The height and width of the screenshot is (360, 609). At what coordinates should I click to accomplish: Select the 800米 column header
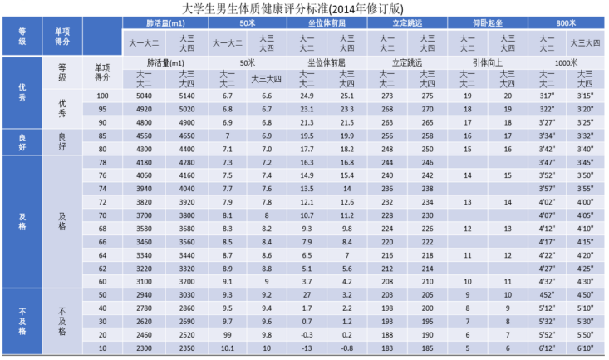[567, 22]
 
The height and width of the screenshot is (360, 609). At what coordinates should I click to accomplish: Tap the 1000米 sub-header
[567, 63]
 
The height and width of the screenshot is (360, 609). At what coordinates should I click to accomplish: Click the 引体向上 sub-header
[488, 63]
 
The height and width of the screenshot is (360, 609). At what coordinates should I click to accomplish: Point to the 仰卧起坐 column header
[488, 22]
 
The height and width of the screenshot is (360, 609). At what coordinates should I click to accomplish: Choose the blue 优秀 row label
[22, 91]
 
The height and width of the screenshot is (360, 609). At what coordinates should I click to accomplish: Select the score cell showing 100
[102, 96]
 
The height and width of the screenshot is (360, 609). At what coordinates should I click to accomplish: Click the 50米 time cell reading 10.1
[228, 348]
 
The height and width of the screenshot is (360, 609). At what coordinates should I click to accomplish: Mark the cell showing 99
[228, 334]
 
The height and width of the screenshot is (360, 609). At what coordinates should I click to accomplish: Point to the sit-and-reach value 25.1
[346, 96]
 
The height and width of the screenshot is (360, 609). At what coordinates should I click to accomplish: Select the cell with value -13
[307, 348]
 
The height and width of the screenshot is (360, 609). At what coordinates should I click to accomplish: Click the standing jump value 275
[427, 96]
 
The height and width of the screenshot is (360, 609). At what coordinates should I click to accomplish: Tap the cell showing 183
[387, 348]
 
